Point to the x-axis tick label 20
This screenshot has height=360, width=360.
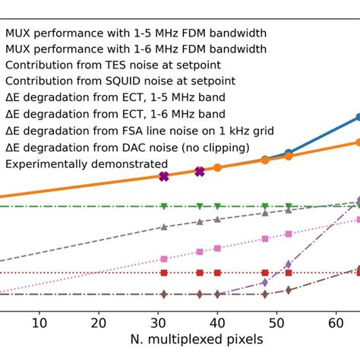(98, 322)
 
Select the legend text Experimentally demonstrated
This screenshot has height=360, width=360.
(87, 163)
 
